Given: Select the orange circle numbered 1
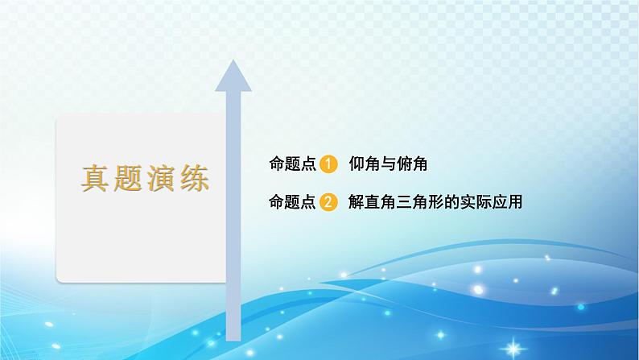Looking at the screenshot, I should coord(328,164).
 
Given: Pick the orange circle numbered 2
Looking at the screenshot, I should coord(328,202).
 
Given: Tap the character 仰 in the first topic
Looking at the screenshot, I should coord(357,164).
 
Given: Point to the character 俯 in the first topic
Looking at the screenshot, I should coord(400,164).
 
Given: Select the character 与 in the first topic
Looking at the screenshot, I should coord(385,164).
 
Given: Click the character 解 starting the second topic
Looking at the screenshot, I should coord(357,202).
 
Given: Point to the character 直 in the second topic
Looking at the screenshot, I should coord(371,202).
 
